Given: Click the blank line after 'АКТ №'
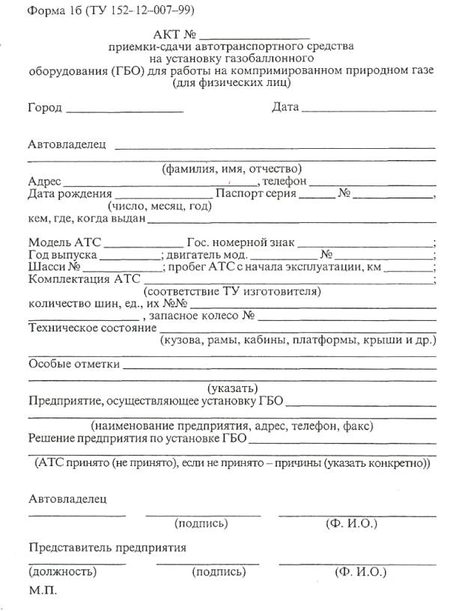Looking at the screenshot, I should (x=255, y=36).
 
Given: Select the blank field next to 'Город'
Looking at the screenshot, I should (x=124, y=110).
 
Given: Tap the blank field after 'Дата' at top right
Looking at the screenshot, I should (x=368, y=110).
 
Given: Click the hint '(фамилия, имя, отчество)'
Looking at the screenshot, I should (x=232, y=168).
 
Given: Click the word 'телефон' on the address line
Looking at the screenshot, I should (x=285, y=181).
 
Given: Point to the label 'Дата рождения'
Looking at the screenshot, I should (x=64, y=194).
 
